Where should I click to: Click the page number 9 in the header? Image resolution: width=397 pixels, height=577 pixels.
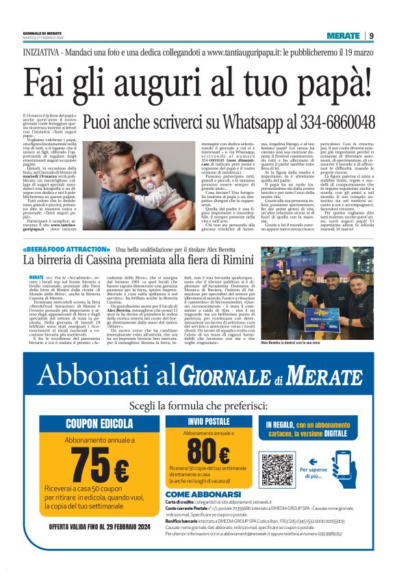[370, 36]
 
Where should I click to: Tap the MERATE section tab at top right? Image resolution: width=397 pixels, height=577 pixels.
[343, 36]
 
